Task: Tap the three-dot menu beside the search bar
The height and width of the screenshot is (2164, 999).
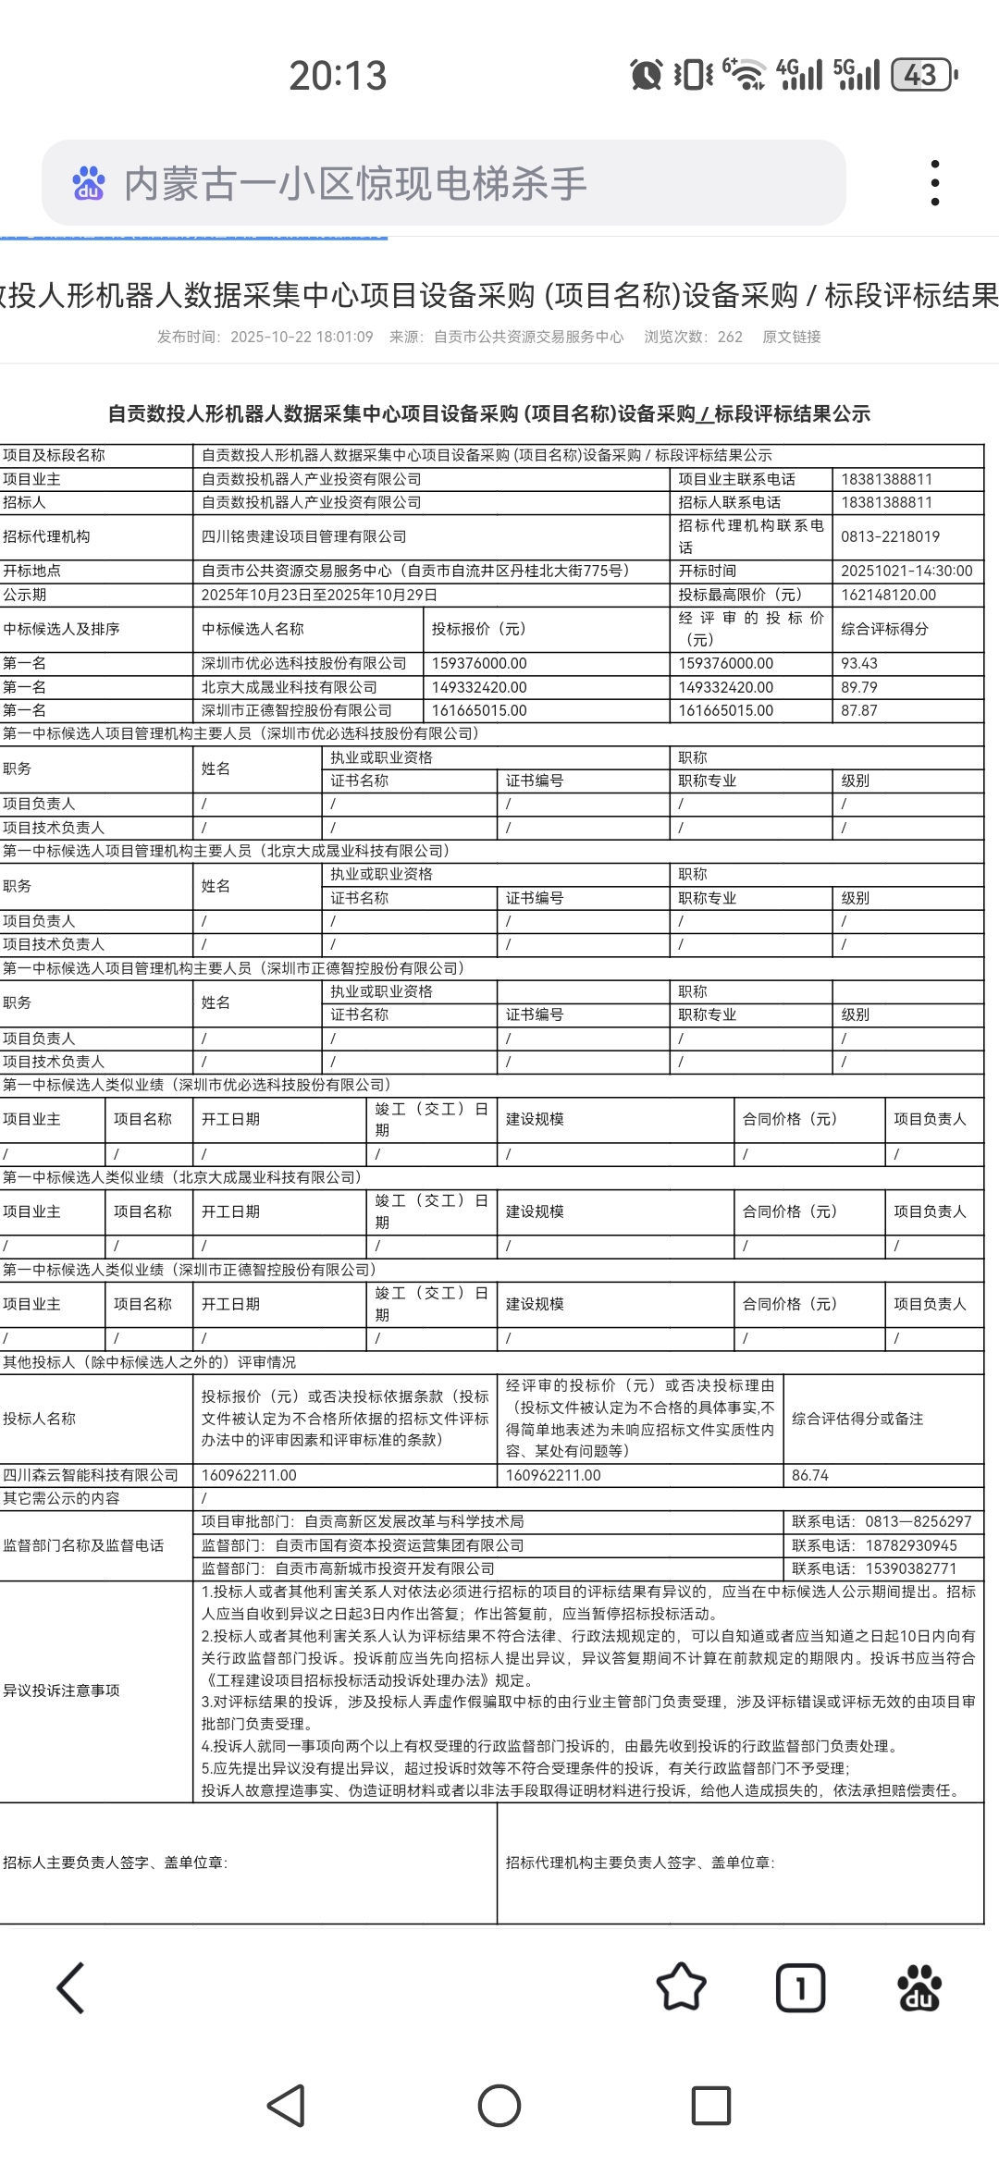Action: pyautogui.click(x=935, y=182)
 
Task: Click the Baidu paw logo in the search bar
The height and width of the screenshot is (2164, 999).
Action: pyautogui.click(x=89, y=183)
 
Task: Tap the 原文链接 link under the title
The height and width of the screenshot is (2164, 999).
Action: pyautogui.click(x=791, y=337)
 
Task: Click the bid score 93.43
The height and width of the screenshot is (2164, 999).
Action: pyautogui.click(x=858, y=663)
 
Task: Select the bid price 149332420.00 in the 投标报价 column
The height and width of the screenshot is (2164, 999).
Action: pyautogui.click(x=479, y=687)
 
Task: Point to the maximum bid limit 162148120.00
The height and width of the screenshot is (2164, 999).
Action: pyautogui.click(x=888, y=595)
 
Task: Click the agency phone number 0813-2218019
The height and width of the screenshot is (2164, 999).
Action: pyautogui.click(x=890, y=536)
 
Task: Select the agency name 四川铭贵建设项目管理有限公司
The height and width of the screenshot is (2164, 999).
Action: pyautogui.click(x=304, y=536)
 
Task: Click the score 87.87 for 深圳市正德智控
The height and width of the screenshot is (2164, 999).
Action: pyautogui.click(x=858, y=710)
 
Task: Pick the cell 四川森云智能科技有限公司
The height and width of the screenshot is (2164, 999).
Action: pyautogui.click(x=91, y=1475)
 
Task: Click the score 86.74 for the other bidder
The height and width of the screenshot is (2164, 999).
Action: pyautogui.click(x=810, y=1475)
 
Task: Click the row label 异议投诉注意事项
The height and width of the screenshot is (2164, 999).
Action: pyautogui.click(x=61, y=1691)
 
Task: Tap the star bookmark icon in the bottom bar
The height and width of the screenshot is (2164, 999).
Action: pyautogui.click(x=681, y=1987)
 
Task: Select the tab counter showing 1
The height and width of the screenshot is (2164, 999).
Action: pyautogui.click(x=800, y=1987)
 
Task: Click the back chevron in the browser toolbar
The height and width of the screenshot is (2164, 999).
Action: pyautogui.click(x=71, y=1987)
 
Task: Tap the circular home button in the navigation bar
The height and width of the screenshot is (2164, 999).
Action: pyautogui.click(x=499, y=2106)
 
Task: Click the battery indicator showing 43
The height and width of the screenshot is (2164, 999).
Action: pyautogui.click(x=922, y=75)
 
